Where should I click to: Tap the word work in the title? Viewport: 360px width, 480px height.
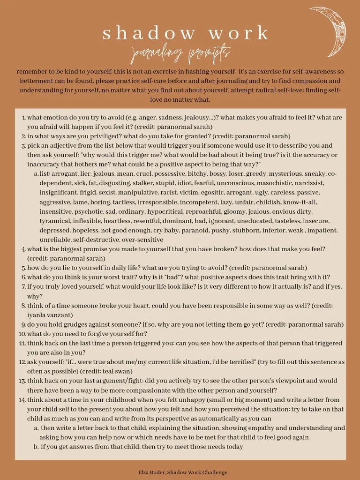click(240, 34)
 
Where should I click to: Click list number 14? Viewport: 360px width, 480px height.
click(22, 400)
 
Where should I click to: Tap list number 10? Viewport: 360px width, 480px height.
click(22, 334)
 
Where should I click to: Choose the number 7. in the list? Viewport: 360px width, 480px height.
click(23, 286)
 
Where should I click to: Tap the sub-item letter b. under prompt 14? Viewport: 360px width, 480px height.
click(36, 447)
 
